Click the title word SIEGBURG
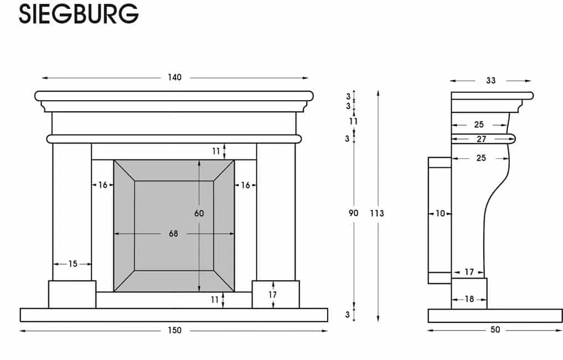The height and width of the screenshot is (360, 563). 78,14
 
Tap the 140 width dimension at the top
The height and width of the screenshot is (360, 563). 174,78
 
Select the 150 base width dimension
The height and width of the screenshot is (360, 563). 174,331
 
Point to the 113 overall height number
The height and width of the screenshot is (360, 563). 377,213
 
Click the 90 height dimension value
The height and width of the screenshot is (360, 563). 354,213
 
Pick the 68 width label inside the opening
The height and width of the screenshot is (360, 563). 173,234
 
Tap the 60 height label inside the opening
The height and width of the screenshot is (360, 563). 199,213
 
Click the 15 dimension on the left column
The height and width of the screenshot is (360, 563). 73,264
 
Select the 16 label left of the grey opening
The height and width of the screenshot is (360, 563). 103,186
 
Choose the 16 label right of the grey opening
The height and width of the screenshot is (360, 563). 245,186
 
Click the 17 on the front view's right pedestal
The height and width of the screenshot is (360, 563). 272,295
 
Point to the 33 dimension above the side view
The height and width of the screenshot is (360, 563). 491,81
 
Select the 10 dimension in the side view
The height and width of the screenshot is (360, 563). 440,213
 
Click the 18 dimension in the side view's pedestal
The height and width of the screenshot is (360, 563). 469,299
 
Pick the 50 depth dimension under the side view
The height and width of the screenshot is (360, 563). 495,330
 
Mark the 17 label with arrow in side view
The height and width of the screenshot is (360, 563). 469,272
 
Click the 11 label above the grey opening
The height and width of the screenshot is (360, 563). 216,151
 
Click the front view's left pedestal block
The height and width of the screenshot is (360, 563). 72,294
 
